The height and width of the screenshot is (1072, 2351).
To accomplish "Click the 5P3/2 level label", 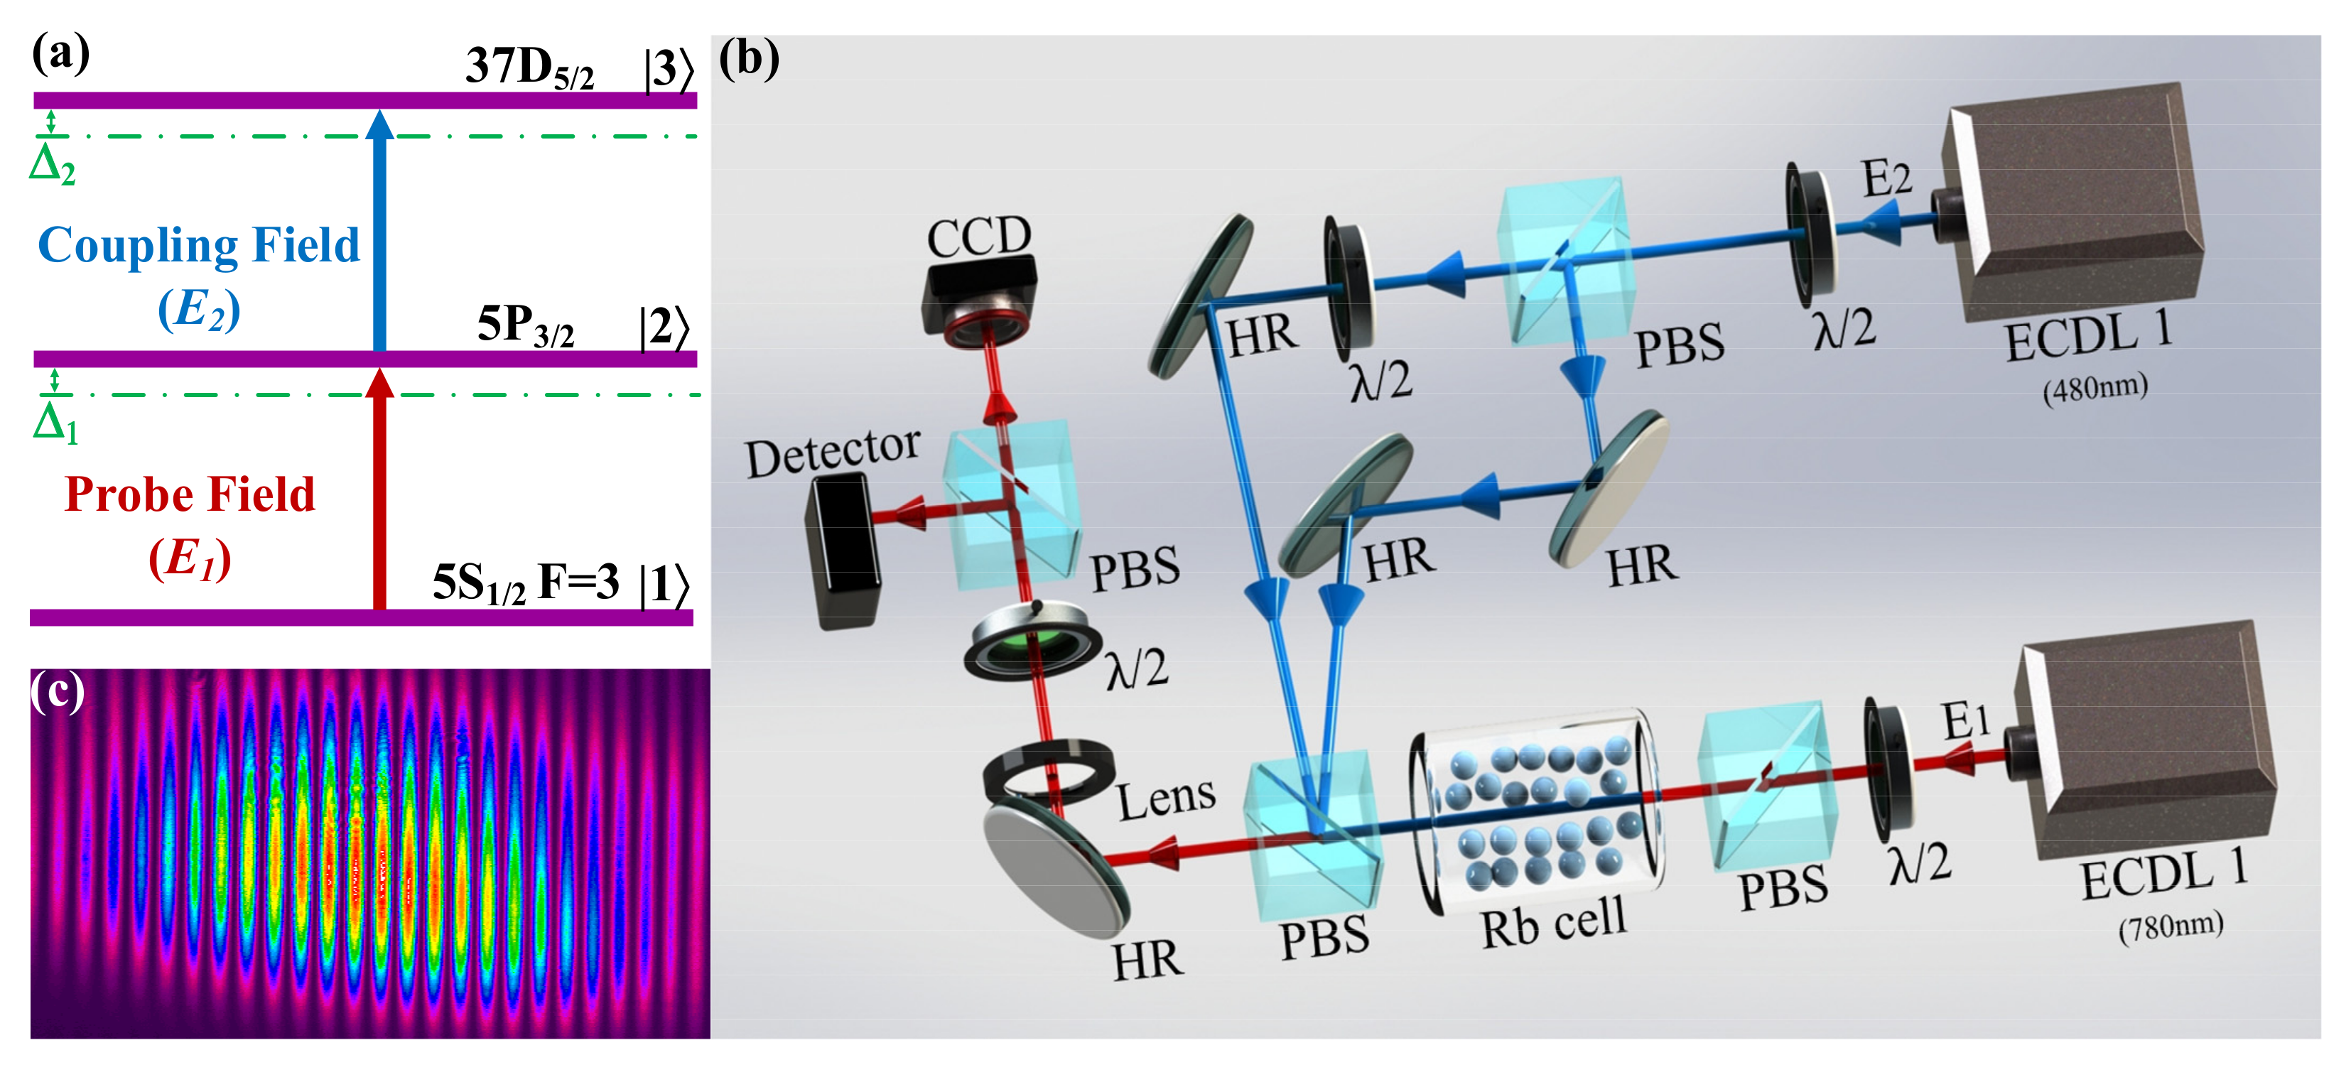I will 526,325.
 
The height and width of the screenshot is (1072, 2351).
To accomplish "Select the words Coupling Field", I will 199,245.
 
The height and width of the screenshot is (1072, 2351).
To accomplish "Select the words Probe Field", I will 190,495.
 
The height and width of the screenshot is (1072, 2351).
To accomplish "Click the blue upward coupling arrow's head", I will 379,126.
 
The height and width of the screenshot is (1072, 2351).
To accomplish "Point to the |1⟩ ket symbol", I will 664,585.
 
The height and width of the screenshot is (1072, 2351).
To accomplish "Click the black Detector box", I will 844,552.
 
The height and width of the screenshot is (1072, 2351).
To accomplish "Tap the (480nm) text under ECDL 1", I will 2095,389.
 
